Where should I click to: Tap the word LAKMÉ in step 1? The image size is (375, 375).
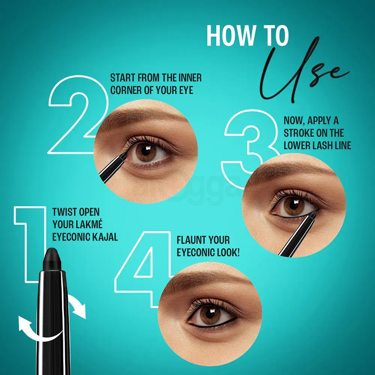click(x=87, y=225)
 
